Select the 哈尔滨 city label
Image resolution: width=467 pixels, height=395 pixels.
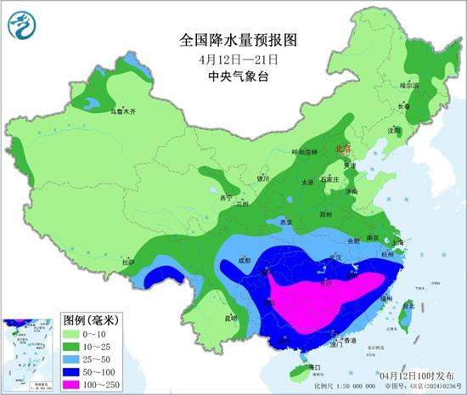point(409,86)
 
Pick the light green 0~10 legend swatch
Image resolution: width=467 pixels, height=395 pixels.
point(77,334)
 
